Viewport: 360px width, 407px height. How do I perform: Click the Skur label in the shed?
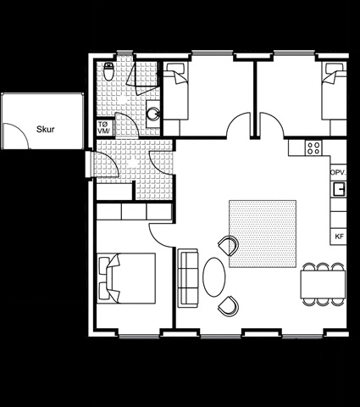tap(46, 130)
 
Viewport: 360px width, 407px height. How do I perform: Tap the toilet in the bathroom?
tap(108, 71)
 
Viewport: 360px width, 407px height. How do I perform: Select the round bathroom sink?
tap(153, 114)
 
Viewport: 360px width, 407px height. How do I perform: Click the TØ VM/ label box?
tap(105, 127)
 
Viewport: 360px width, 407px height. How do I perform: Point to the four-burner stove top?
tap(313, 148)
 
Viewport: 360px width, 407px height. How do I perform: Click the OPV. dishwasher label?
tap(338, 172)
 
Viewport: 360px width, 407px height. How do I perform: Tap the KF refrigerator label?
tap(339, 237)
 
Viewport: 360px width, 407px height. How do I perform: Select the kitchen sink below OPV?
tap(339, 189)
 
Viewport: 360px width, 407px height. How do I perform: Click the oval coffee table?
tap(214, 277)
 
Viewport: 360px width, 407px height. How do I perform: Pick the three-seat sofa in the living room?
tap(188, 278)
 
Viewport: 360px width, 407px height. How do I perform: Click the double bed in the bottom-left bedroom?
tap(126, 278)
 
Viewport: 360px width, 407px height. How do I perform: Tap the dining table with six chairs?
tap(323, 284)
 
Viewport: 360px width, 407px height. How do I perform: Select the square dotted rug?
tap(263, 234)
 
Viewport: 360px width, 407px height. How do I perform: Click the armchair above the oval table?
tap(229, 245)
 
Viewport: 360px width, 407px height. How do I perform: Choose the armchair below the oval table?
tap(229, 306)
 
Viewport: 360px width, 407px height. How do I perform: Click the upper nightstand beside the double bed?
tap(104, 265)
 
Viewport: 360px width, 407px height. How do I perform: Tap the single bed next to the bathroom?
tap(175, 91)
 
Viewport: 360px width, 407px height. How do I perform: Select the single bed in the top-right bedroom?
tap(335, 91)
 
